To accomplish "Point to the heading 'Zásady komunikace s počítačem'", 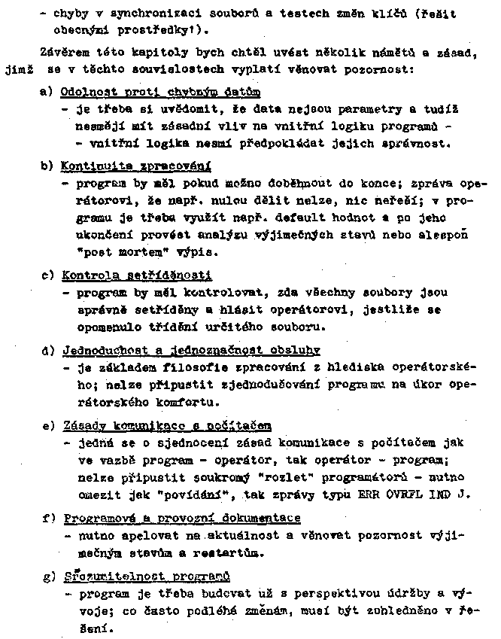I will point(167,426).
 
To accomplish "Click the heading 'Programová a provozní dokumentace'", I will point(182,519).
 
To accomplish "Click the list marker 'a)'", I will point(47,93).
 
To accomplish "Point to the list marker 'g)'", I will point(47,577).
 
